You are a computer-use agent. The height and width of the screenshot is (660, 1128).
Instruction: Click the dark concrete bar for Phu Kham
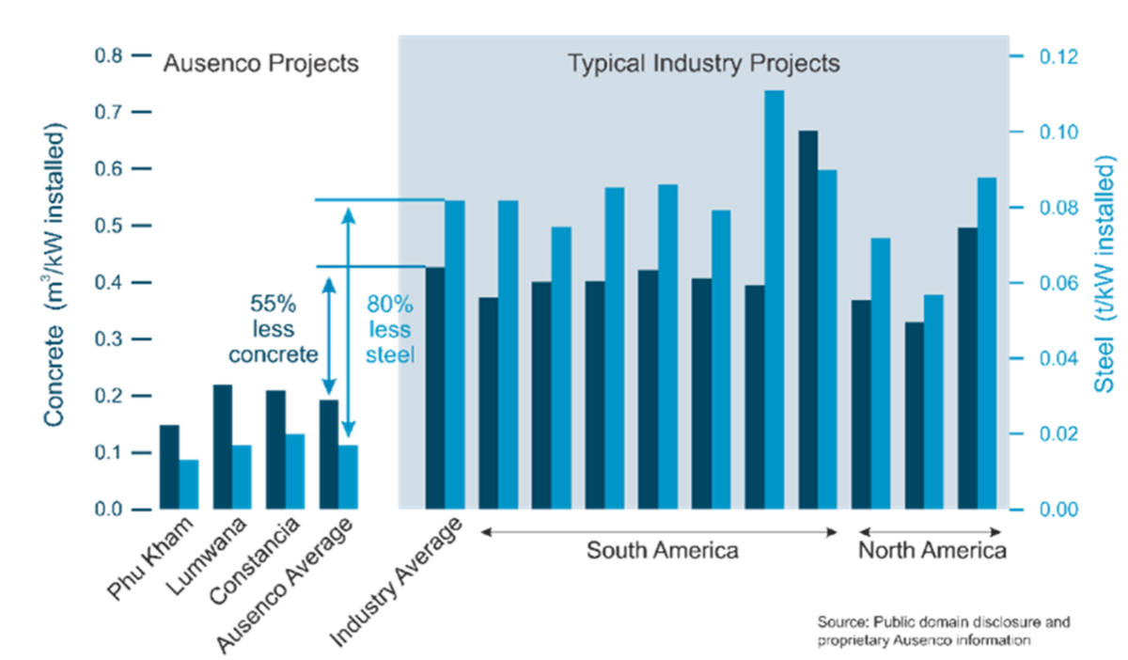coord(168,466)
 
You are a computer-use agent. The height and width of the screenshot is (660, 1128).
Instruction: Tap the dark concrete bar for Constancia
coord(275,449)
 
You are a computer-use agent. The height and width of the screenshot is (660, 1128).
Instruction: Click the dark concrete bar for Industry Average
coord(434,388)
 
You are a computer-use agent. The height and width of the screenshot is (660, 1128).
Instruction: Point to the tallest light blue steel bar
coord(774,300)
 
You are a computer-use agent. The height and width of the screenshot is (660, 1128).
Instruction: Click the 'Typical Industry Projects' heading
coord(703,64)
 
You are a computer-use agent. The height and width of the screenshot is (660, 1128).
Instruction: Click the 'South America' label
coord(662,550)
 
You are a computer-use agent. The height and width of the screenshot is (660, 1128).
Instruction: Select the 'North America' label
coord(932,550)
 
